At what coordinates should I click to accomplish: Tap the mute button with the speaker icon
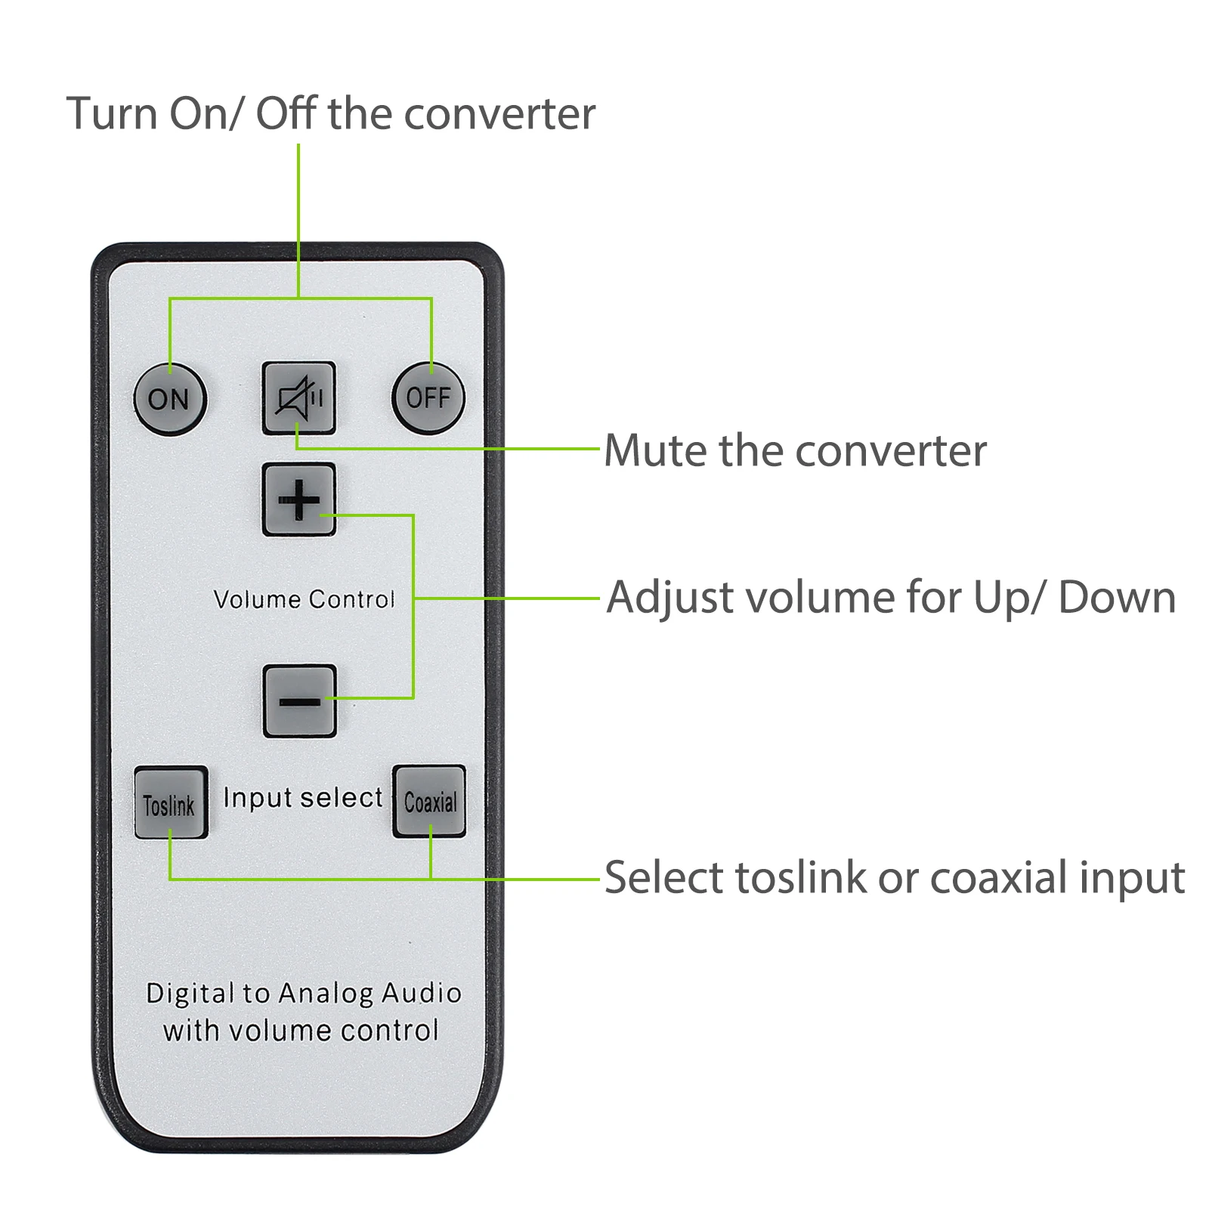click(x=298, y=398)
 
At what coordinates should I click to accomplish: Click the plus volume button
click(x=298, y=499)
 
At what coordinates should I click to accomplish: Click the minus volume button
click(x=299, y=701)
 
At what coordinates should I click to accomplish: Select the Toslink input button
click(x=171, y=802)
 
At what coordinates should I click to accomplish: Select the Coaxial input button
click(x=429, y=801)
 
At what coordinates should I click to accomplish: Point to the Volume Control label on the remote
click(x=304, y=599)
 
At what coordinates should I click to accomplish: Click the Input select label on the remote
click(x=303, y=798)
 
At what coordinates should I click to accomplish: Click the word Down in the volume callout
click(x=1117, y=598)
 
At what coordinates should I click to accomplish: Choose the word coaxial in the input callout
click(x=998, y=878)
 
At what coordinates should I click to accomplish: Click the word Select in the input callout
click(x=664, y=878)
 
